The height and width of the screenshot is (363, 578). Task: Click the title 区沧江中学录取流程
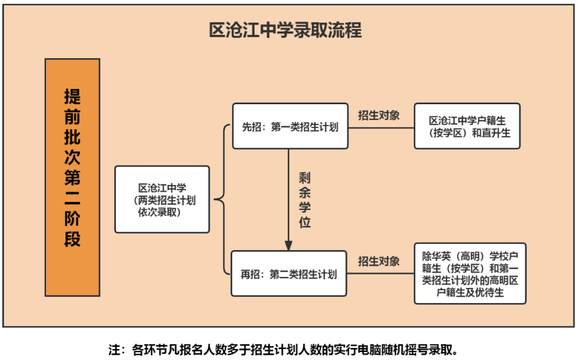[285, 30]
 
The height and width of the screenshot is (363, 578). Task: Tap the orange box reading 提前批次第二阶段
[73, 177]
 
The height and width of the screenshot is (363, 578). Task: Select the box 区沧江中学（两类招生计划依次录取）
[162, 200]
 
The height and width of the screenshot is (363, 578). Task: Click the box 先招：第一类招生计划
[290, 126]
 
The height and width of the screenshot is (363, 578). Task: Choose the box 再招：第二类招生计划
[289, 273]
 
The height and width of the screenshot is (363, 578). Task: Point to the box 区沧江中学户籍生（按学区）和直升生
[467, 126]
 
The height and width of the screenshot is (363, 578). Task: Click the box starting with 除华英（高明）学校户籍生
[470, 273]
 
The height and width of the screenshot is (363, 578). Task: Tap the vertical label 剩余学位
[305, 200]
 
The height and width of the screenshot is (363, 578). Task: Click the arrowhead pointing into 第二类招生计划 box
[289, 246]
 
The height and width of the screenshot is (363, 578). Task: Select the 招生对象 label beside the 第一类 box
[379, 115]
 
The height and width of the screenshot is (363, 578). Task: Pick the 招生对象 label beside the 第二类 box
[379, 261]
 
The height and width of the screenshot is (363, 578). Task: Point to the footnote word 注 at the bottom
[114, 350]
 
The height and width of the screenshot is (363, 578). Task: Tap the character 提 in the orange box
[73, 97]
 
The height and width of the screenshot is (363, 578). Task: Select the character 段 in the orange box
[73, 239]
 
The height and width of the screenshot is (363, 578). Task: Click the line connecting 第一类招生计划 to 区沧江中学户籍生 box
[381, 128]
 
